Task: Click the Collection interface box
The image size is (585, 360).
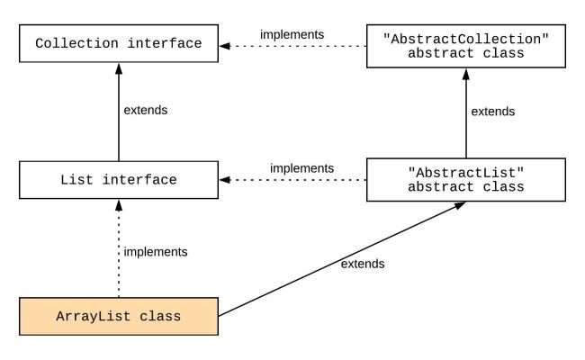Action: pos(119,42)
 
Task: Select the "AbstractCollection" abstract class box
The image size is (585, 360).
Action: pos(465,42)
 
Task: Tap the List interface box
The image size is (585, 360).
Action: pos(119,180)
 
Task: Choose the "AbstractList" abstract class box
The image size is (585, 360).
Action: pos(465,180)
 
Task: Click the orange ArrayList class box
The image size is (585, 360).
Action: pos(119,317)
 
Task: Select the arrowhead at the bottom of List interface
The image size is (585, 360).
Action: pos(119,206)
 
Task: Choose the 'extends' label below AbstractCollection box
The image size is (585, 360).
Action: pos(493,112)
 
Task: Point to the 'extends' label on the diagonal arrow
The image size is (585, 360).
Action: pos(363,264)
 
